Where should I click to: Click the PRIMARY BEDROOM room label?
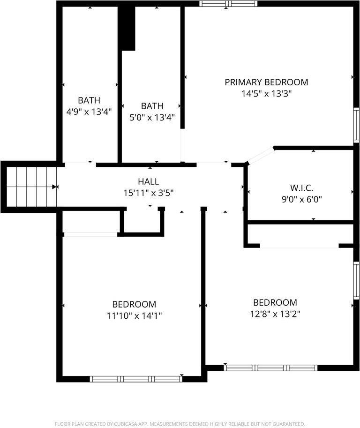pos(266,83)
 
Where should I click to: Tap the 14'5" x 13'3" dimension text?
pos(266,94)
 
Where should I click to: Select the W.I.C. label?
pos(301,188)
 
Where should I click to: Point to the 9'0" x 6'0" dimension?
pos(301,199)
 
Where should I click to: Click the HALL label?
pos(148,182)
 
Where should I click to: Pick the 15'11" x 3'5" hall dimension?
pos(148,193)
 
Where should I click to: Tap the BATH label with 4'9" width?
pos(89,100)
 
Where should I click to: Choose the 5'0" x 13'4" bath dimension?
pos(152,118)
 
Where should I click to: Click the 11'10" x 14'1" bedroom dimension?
pos(134,315)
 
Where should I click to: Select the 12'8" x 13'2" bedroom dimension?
pos(275,314)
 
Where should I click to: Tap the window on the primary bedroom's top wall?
pos(228,4)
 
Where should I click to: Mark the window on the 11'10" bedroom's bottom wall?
pos(136,379)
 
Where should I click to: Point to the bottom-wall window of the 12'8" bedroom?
pos(270,368)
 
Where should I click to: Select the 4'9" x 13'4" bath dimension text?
pos(89,112)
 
